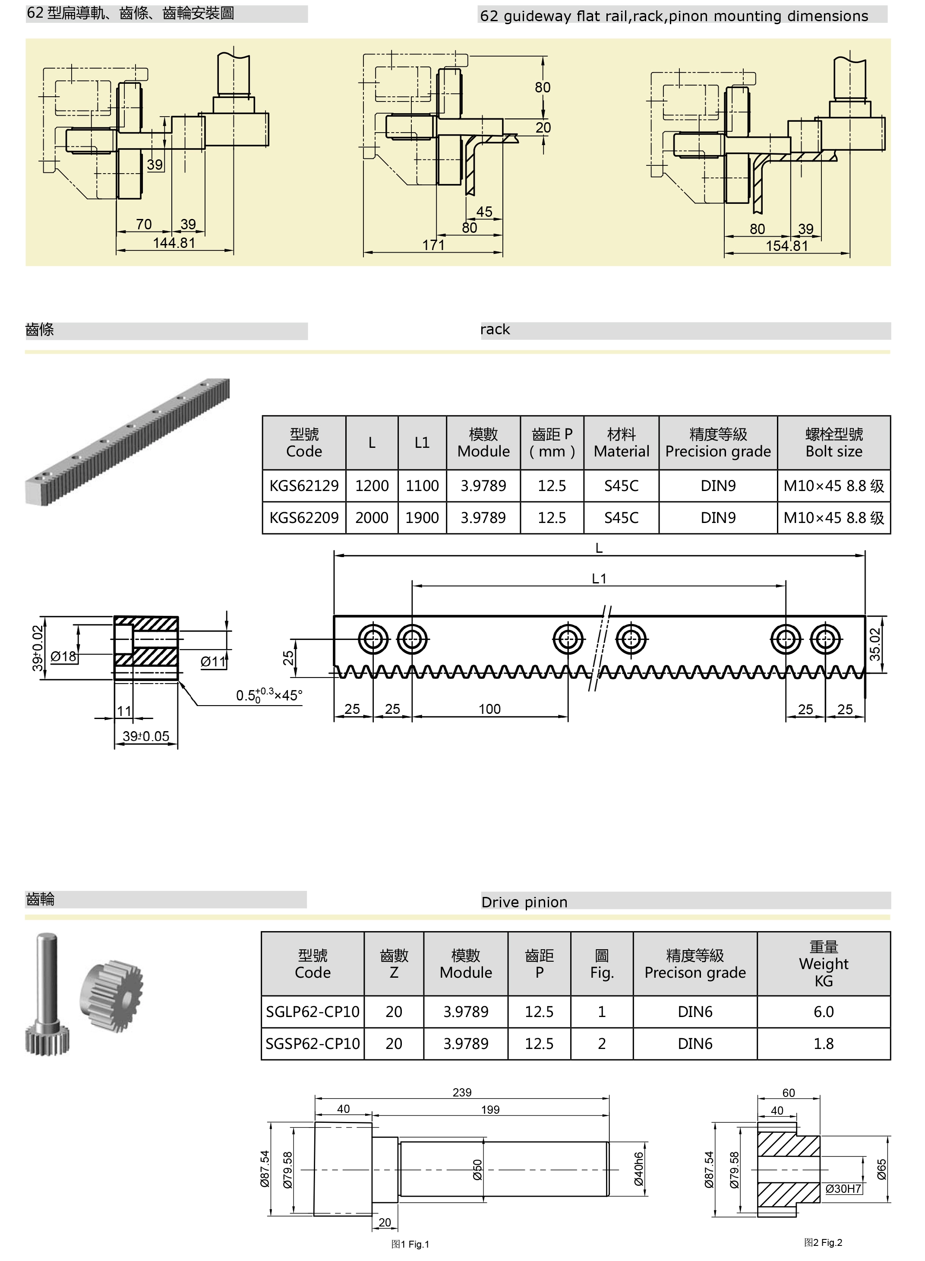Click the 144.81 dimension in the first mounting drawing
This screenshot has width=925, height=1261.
(174, 243)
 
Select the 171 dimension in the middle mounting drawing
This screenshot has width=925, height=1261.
(433, 245)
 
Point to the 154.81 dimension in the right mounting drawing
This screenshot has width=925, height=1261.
(787, 246)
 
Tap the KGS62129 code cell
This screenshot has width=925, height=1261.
(304, 486)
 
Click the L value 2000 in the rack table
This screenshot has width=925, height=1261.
(372, 518)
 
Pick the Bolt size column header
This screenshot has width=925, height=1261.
(834, 443)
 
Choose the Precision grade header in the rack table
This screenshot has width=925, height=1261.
(718, 443)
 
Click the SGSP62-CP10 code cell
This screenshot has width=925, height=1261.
(313, 1044)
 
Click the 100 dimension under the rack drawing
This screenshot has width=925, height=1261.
(489, 709)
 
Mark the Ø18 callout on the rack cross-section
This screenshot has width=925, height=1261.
(63, 656)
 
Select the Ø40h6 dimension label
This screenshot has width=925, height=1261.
(639, 1169)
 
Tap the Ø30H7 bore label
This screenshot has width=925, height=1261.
(843, 1189)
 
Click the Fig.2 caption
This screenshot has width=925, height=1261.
(823, 1242)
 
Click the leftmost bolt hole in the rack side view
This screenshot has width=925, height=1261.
(373, 639)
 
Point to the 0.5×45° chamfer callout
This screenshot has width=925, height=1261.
(269, 695)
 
